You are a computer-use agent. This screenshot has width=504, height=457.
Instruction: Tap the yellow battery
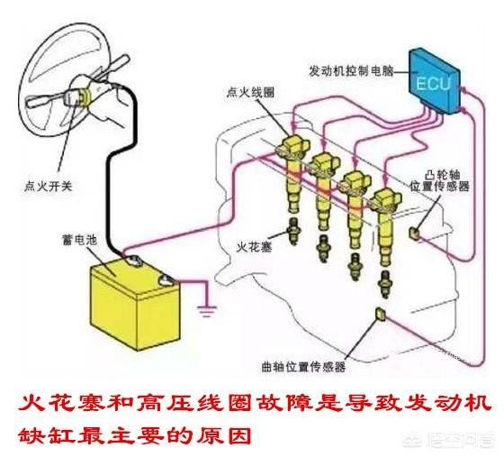(135, 303)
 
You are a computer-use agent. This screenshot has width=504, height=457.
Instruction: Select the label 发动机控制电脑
(351, 70)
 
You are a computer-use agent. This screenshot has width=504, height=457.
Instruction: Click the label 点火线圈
(250, 93)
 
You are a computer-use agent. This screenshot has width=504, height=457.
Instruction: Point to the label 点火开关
(48, 187)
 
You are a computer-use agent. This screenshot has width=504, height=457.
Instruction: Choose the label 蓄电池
(79, 240)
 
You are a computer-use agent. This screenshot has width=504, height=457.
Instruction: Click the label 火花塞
(254, 247)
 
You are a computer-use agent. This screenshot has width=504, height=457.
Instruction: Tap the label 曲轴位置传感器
(303, 367)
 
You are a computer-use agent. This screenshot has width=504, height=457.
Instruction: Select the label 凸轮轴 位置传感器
(439, 180)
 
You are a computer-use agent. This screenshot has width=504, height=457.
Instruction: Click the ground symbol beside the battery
(207, 311)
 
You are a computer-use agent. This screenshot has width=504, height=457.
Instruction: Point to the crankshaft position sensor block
(381, 315)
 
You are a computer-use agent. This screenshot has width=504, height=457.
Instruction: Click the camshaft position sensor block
(414, 233)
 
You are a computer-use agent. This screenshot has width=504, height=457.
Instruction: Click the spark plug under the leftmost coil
(293, 231)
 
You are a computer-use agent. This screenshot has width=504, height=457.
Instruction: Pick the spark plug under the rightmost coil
(385, 284)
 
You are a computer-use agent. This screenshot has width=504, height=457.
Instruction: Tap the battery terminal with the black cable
(132, 260)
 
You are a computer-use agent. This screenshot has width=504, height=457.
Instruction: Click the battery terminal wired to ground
(166, 280)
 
